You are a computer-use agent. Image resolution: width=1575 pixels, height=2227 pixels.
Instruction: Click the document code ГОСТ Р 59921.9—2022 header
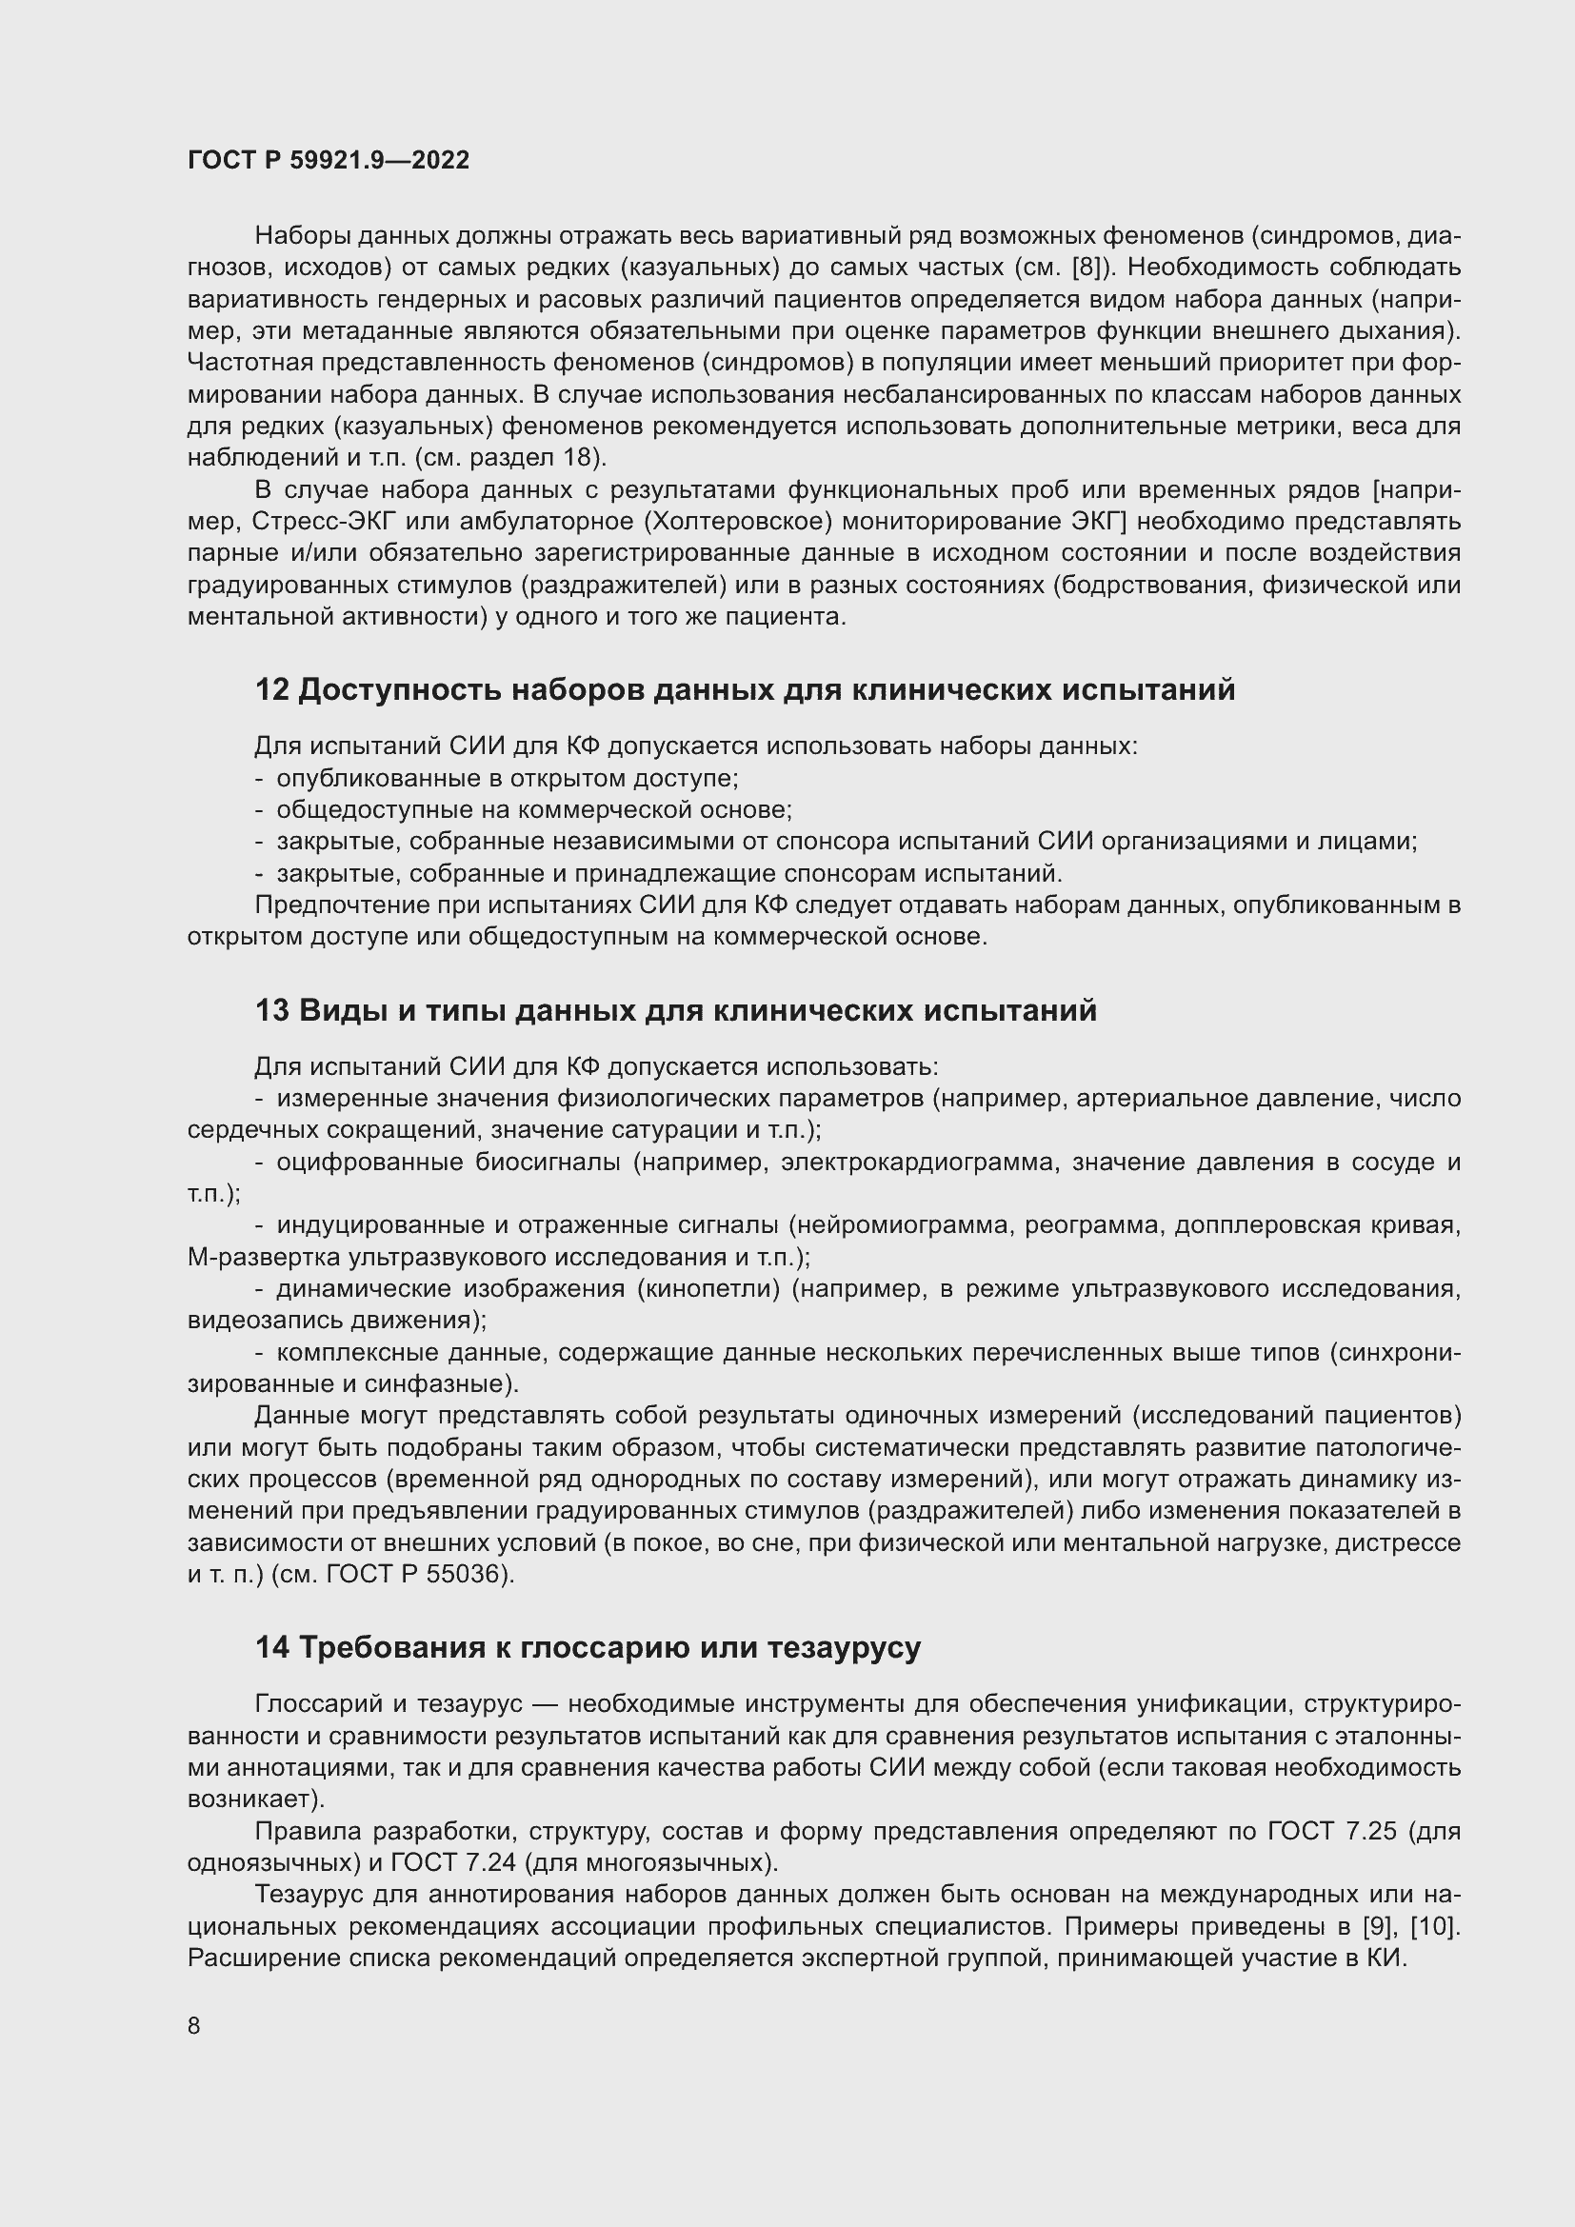(x=328, y=161)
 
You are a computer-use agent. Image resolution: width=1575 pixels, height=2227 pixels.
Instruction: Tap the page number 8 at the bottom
(x=194, y=2025)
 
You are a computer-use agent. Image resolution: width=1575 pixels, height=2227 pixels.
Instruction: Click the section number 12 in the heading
(x=271, y=689)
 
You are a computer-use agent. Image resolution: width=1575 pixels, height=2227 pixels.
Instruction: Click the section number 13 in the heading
(x=271, y=1011)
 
